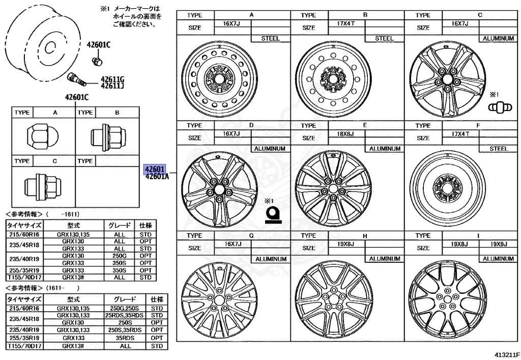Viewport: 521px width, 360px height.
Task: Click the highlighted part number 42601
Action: (x=154, y=169)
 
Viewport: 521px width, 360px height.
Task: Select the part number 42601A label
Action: (x=157, y=177)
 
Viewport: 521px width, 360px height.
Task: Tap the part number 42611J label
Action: (x=112, y=86)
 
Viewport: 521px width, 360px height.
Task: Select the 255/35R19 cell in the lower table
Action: (x=24, y=337)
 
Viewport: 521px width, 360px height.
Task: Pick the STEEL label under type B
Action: (x=384, y=38)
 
